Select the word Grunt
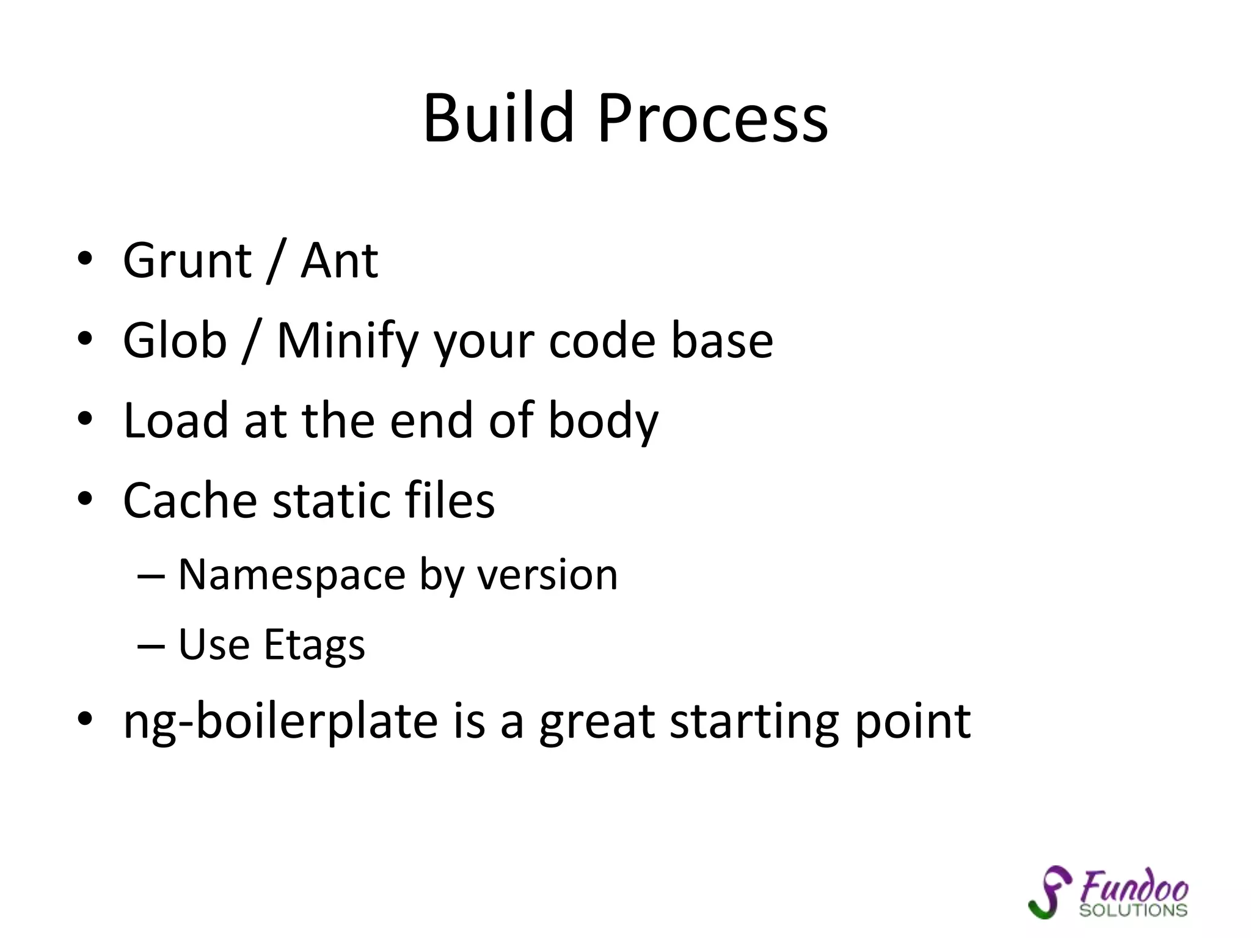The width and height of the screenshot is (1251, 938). tap(187, 261)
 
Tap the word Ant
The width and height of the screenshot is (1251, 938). tap(340, 261)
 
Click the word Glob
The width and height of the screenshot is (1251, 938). tap(175, 340)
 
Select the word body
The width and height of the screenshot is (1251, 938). tap(603, 421)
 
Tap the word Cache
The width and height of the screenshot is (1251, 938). tap(190, 500)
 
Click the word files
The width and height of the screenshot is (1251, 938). tap(450, 500)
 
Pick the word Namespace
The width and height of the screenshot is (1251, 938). tap(292, 575)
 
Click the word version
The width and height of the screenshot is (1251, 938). tap(547, 575)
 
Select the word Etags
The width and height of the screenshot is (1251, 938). tap(315, 645)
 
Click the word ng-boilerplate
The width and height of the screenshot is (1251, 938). tap(280, 722)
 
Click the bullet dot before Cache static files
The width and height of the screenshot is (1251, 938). tap(85, 499)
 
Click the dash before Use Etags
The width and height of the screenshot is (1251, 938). tap(151, 645)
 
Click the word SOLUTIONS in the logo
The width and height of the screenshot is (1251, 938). tap(1133, 911)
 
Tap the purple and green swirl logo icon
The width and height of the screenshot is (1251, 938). tap(1049, 891)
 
